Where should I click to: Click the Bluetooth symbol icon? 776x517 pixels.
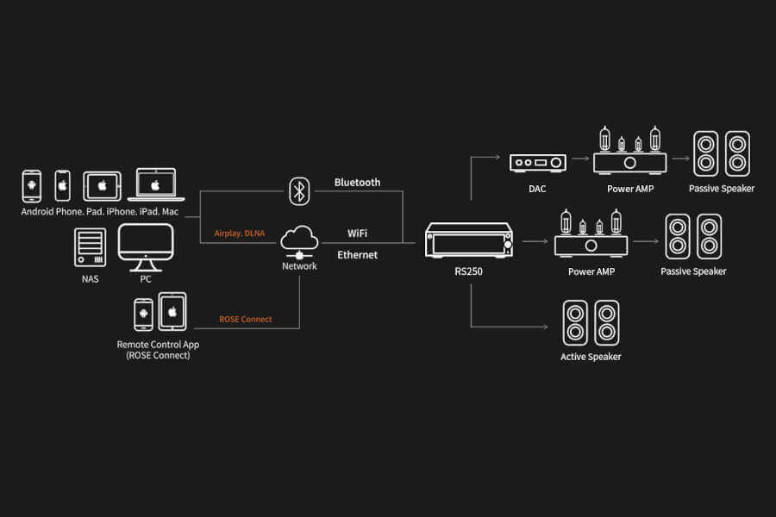click(299, 190)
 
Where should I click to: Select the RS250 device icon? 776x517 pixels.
click(470, 242)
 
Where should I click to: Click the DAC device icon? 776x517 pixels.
click(537, 162)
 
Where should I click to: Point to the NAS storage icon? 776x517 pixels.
click(91, 247)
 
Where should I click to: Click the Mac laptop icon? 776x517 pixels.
click(155, 185)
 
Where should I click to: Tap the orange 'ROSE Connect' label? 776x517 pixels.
click(246, 320)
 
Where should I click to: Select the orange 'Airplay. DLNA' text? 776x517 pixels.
click(241, 234)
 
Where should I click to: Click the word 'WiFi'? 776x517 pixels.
click(358, 234)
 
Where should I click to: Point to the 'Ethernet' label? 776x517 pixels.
click(357, 255)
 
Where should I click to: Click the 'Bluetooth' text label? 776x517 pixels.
click(357, 183)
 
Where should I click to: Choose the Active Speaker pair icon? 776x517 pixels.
click(591, 322)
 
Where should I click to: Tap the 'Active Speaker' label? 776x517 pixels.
click(591, 357)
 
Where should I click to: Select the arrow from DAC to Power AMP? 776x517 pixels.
click(579, 159)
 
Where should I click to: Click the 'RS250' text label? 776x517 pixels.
click(470, 271)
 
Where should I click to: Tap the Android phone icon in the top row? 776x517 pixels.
click(32, 185)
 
